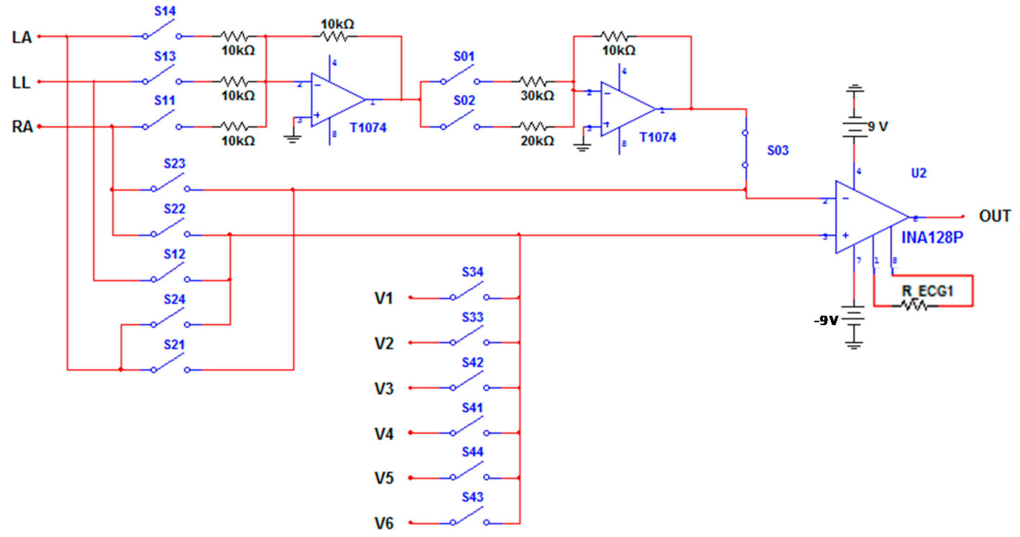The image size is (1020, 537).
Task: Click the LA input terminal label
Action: [x=22, y=38]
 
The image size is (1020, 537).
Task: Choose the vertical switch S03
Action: [x=745, y=149]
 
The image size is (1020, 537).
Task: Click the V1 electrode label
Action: [x=384, y=298]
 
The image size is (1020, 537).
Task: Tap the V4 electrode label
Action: [x=384, y=434]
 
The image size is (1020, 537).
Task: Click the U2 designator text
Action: [x=919, y=173]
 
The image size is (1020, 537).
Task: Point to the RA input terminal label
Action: [x=22, y=127]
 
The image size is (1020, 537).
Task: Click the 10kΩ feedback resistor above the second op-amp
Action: [x=614, y=36]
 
